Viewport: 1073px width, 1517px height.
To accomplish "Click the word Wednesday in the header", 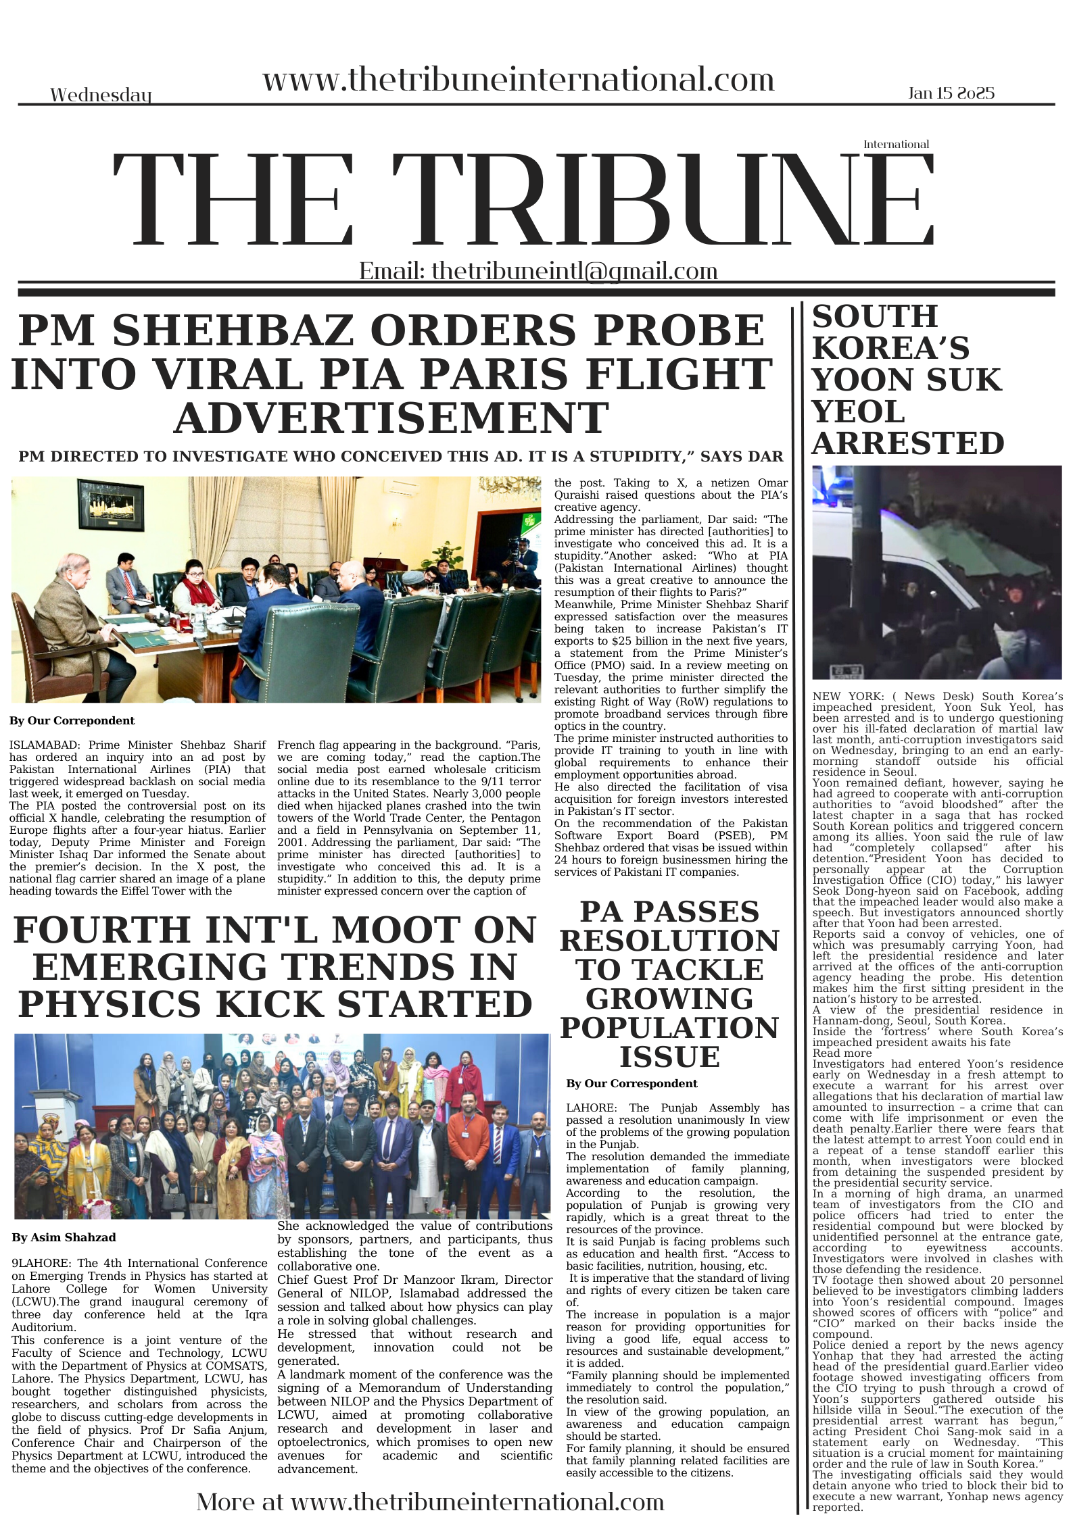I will point(101,95).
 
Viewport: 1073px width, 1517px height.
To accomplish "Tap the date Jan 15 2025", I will point(951,93).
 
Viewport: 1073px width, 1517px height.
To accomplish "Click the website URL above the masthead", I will point(518,80).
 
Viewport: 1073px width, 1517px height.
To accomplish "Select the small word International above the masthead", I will point(896,144).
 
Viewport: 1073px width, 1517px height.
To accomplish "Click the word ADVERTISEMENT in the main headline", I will point(391,417).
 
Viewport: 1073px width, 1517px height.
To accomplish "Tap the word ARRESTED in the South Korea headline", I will point(907,443).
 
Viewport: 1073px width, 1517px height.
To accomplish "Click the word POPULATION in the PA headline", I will point(669,1028).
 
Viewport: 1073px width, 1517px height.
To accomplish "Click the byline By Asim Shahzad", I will point(64,1237).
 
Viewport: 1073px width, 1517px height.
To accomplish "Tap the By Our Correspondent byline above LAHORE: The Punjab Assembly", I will point(631,1083).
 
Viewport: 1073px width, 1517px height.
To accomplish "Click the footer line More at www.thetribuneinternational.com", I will point(430,1501).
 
